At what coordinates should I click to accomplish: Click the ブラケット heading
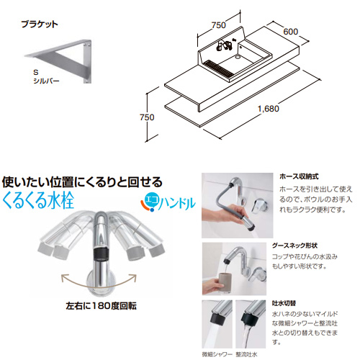[x=40, y=24]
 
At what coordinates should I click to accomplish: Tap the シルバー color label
[x=46, y=81]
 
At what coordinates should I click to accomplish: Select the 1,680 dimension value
[x=269, y=109]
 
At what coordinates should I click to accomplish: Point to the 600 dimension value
[x=291, y=32]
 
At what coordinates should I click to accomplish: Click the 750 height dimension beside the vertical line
[x=147, y=117]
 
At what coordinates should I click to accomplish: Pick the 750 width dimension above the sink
[x=219, y=25]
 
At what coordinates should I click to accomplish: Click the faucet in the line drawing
[x=224, y=45]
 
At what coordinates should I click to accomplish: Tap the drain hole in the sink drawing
[x=238, y=57]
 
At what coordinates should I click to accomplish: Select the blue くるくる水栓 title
[x=38, y=200]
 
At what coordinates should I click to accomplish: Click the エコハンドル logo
[x=168, y=203]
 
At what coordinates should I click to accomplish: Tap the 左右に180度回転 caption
[x=101, y=306]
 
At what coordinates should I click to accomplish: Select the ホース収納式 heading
[x=299, y=176]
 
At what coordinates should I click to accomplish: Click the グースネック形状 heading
[x=294, y=246]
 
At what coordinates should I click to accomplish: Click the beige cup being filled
[x=225, y=282]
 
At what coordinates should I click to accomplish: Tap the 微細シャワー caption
[x=217, y=354]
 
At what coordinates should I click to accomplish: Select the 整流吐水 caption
[x=246, y=354]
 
